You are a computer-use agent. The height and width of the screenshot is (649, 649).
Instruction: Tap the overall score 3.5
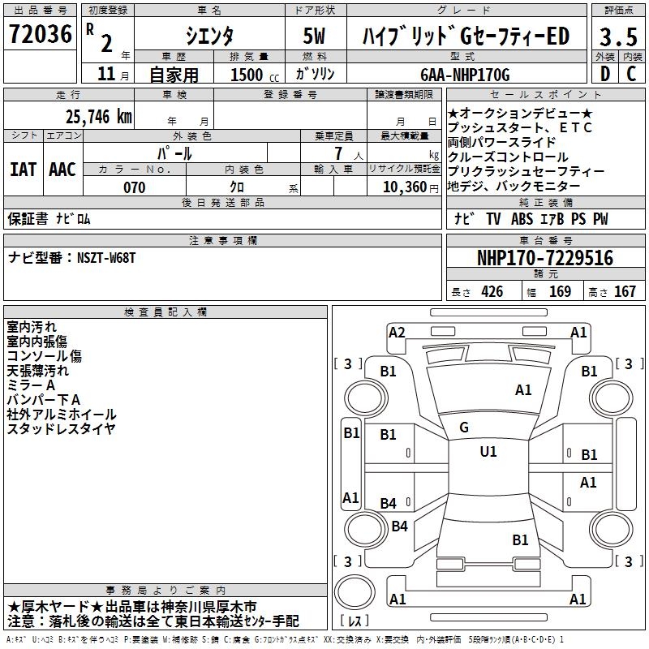617,37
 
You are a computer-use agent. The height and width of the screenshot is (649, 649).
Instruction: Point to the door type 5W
315,36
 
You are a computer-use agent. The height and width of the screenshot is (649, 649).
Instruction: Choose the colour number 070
134,187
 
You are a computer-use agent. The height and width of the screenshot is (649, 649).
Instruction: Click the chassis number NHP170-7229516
544,258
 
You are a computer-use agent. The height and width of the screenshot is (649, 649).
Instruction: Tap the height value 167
625,292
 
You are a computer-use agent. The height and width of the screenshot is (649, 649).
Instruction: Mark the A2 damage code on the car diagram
397,332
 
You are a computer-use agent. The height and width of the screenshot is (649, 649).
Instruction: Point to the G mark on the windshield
464,427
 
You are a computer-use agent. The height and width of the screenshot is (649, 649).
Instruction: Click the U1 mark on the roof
488,451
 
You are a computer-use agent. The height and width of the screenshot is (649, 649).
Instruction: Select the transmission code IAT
23,170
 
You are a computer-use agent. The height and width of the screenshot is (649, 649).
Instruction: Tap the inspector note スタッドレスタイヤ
61,428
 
